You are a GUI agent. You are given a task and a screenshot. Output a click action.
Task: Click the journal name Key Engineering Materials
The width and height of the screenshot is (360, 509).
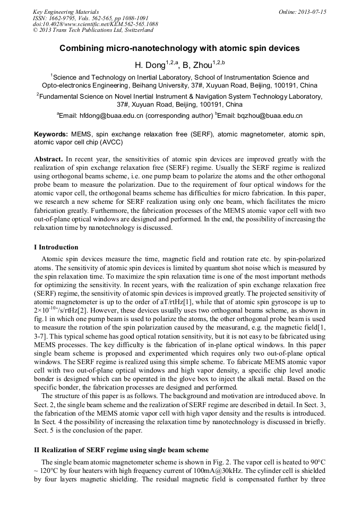pos(65,12)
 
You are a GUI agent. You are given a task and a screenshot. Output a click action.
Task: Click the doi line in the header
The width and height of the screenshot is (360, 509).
pos(95,24)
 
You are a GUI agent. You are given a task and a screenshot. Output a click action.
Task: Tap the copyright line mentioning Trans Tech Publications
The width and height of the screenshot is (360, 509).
pos(93,30)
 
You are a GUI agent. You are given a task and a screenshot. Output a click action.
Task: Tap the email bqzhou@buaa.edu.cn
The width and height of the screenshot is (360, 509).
pos(271,115)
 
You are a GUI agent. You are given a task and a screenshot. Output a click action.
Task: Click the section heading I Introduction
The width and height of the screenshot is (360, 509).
pos(56,247)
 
